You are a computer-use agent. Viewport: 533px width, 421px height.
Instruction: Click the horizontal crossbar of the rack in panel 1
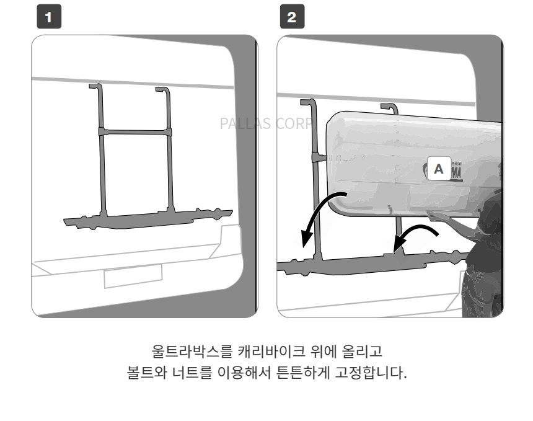point(133,132)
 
